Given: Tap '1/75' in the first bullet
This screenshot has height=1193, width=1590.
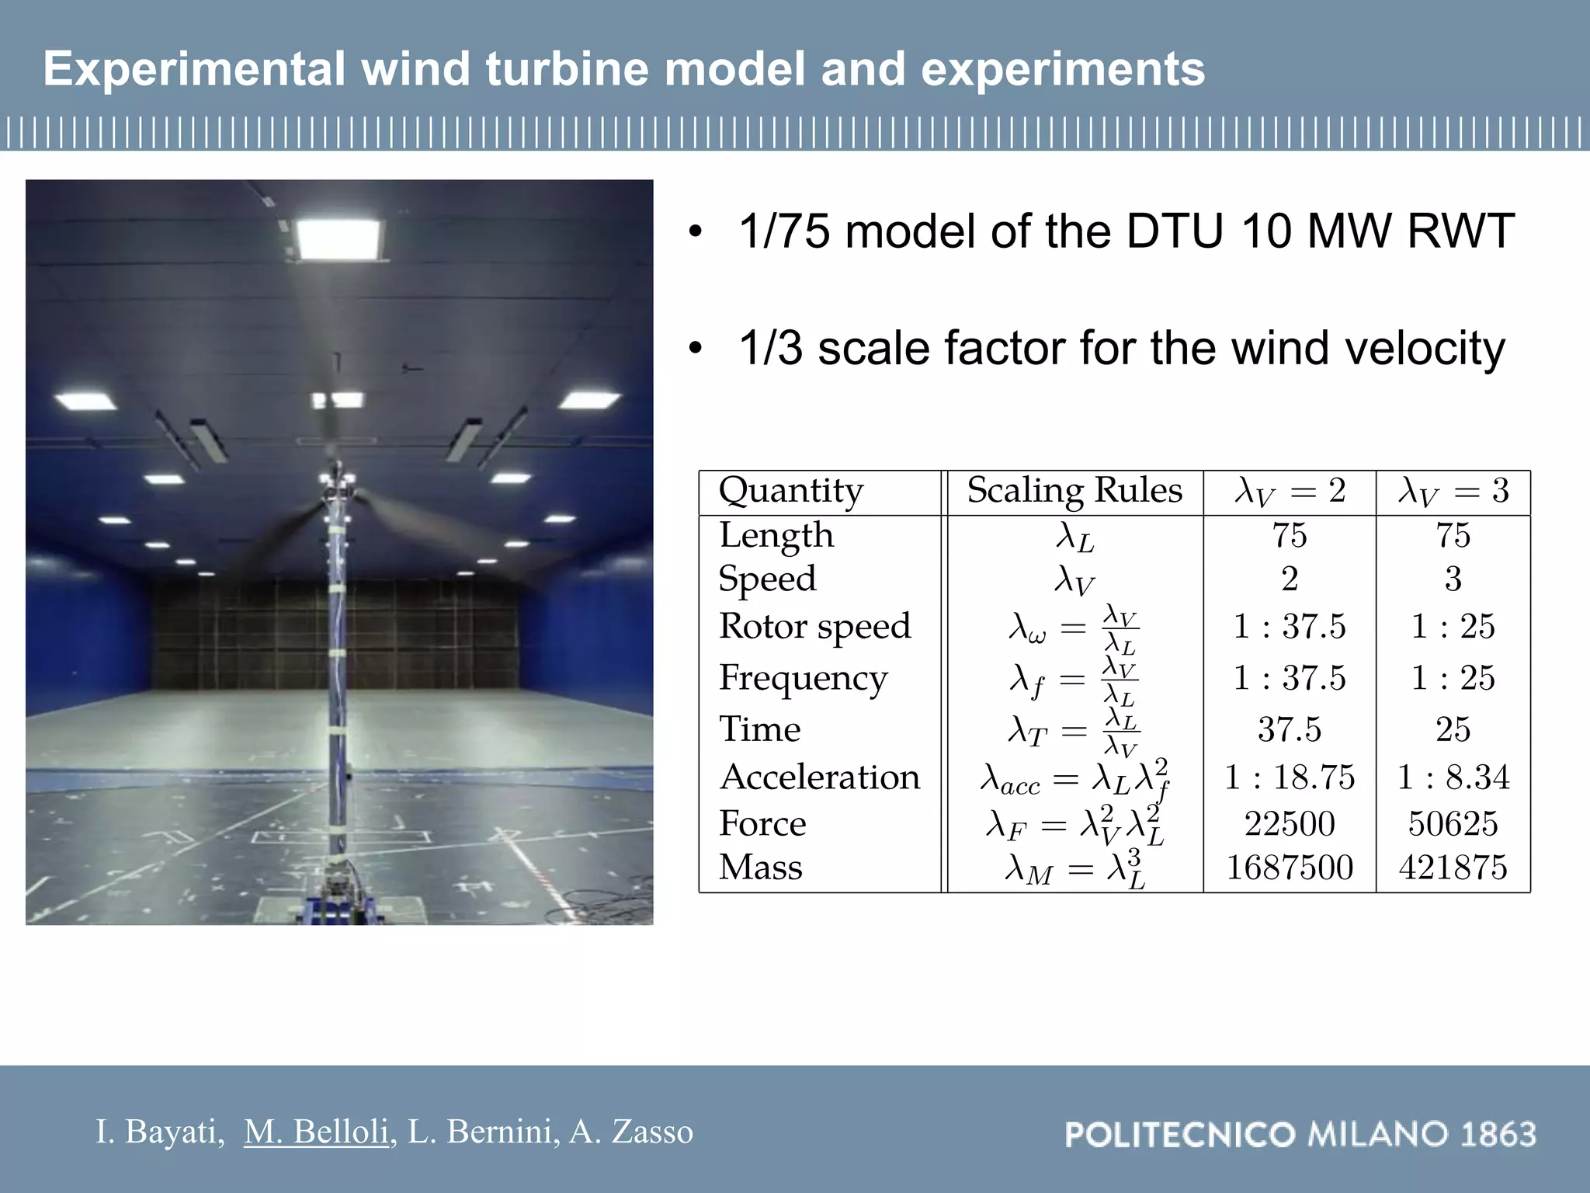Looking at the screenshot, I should pyautogui.click(x=785, y=231).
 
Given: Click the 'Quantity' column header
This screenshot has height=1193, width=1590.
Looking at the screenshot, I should pyautogui.click(x=790, y=491).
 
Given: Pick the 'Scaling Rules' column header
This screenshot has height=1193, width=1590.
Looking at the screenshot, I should pyautogui.click(x=1074, y=491).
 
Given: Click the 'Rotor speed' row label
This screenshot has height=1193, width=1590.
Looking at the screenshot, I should pyautogui.click(x=814, y=626).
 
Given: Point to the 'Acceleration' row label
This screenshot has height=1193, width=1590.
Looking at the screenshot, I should pyautogui.click(x=820, y=777).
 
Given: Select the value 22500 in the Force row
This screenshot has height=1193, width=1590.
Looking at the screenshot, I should pyautogui.click(x=1290, y=824).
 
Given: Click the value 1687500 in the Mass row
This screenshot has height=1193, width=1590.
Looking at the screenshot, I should pyautogui.click(x=1290, y=868).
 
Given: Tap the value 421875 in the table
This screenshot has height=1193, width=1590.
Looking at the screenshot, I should pyautogui.click(x=1453, y=868).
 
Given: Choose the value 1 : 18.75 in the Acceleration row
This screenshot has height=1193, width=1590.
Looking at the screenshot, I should pyautogui.click(x=1290, y=777).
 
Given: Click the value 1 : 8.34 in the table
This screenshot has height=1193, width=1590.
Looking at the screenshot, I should pyautogui.click(x=1453, y=777).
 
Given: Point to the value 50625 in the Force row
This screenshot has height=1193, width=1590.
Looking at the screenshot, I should pyautogui.click(x=1453, y=824).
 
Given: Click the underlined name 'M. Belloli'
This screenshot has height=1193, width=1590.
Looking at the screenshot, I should pyautogui.click(x=316, y=1132).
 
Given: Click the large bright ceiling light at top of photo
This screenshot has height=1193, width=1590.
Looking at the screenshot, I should pyautogui.click(x=339, y=238).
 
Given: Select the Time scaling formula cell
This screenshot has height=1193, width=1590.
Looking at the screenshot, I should pyautogui.click(x=1074, y=731).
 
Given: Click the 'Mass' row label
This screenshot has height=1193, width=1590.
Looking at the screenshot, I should pyautogui.click(x=760, y=868).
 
